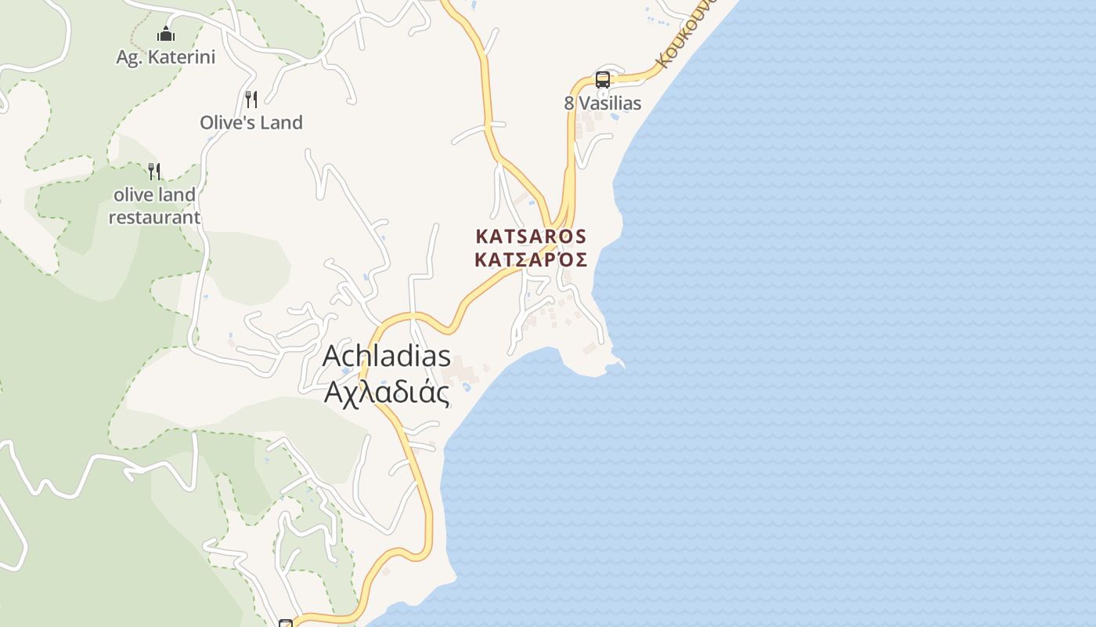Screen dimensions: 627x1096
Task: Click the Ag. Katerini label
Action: click(x=165, y=57)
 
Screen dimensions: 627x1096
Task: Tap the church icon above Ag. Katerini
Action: click(x=166, y=34)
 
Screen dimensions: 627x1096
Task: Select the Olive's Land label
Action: click(x=251, y=122)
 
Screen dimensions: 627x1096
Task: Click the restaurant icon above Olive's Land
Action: click(x=251, y=99)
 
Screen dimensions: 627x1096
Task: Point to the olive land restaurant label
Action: click(x=154, y=205)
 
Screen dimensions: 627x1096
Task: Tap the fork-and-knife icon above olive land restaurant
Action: click(x=154, y=171)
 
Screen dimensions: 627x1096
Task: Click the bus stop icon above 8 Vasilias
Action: click(x=602, y=79)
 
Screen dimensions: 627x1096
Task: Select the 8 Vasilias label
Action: click(x=602, y=103)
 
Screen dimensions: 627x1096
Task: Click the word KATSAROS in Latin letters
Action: click(x=531, y=236)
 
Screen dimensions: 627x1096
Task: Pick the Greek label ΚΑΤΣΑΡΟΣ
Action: click(x=531, y=259)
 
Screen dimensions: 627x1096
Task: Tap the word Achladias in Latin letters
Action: click(x=387, y=356)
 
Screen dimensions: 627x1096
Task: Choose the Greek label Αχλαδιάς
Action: click(x=387, y=392)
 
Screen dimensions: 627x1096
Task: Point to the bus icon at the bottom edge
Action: click(x=286, y=623)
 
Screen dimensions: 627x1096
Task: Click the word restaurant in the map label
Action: click(x=154, y=217)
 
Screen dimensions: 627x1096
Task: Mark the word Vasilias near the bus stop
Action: click(x=610, y=103)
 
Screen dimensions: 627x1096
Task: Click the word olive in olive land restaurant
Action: click(x=130, y=194)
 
